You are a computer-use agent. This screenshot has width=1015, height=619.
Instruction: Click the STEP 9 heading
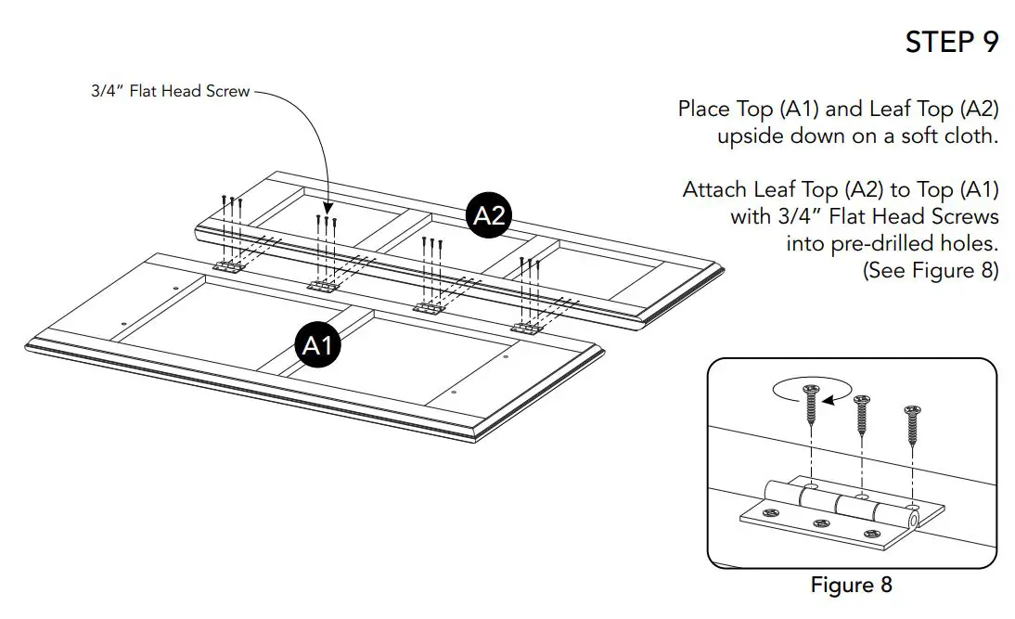[952, 43]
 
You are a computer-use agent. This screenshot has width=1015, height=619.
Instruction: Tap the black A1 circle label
[318, 345]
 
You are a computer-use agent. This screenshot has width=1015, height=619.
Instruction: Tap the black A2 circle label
[489, 215]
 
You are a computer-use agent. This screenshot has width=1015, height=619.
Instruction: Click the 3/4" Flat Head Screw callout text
[171, 91]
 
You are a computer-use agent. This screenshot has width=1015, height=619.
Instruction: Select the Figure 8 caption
[851, 586]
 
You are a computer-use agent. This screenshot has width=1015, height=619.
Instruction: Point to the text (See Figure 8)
[931, 271]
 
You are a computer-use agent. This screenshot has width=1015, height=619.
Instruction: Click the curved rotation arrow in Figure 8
[810, 393]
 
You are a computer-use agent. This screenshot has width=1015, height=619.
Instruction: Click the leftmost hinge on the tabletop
[228, 266]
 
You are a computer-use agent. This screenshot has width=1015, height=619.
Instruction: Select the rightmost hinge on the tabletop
[528, 327]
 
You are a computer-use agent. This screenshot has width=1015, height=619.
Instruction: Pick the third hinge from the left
[428, 307]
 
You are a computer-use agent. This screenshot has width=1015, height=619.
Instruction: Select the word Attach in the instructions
[714, 190]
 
